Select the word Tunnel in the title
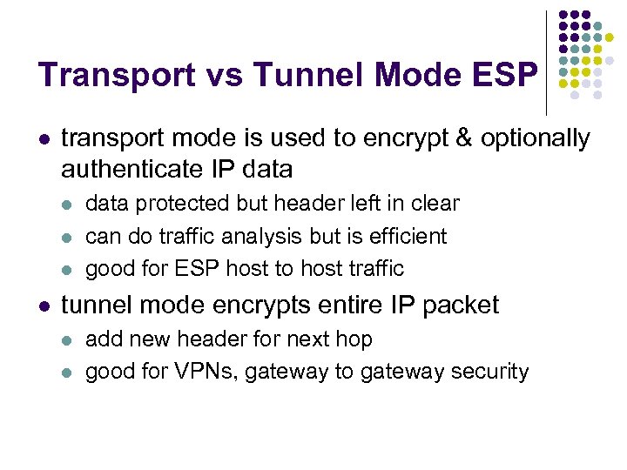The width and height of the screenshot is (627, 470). tap(295, 75)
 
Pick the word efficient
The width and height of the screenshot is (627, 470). tap(408, 236)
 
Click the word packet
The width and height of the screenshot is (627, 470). tap(458, 305)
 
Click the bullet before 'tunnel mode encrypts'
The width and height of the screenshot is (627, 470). tap(44, 305)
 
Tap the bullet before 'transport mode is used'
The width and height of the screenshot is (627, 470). tap(44, 138)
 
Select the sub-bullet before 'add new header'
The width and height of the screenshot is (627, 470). tap(69, 339)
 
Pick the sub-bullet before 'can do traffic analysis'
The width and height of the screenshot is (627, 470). tap(69, 236)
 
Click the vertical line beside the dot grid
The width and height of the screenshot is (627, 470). tap(545, 61)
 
